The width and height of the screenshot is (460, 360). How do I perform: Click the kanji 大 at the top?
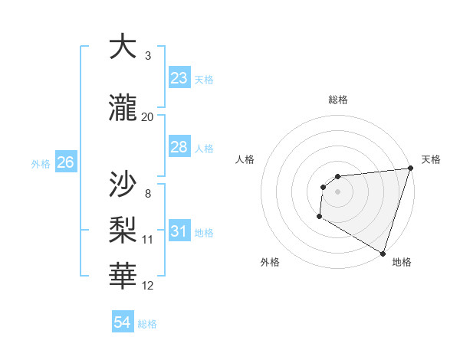coord(124,47)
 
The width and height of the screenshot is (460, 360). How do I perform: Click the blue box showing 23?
coord(179,78)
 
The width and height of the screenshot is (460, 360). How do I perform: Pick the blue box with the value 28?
coord(179,147)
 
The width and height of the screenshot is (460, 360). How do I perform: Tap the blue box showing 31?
coord(179,231)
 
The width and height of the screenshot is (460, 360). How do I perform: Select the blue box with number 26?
coord(65,162)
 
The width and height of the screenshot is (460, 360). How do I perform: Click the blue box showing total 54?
coord(123,323)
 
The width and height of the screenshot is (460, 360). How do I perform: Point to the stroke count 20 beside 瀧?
coord(148,116)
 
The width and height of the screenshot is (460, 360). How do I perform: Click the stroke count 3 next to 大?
coord(148,56)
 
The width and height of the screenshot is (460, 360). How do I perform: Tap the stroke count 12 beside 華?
coord(148,286)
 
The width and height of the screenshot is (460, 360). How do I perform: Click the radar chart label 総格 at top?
coord(337,100)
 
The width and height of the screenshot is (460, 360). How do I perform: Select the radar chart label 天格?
coord(431,159)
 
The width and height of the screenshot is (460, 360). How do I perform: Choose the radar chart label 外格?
coord(270,262)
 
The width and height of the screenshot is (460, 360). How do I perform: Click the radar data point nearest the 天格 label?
coord(410,169)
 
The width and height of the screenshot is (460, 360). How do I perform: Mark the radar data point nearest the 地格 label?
coord(383,253)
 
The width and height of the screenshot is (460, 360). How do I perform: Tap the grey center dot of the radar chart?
coord(337,191)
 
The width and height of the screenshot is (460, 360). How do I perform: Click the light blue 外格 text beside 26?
coord(41,163)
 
